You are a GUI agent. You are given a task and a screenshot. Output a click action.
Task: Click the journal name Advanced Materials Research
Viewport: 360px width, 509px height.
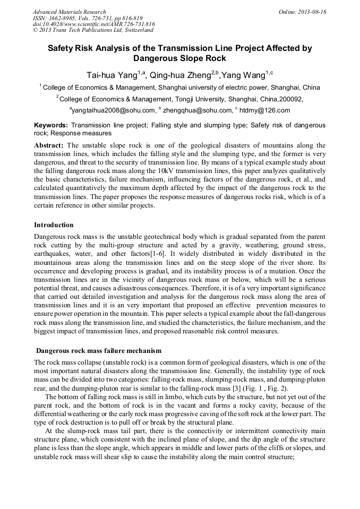pos(69,12)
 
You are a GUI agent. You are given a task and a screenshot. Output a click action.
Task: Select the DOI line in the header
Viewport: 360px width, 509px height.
pos(93,24)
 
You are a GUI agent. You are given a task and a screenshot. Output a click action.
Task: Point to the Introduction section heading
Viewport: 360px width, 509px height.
pos(54,225)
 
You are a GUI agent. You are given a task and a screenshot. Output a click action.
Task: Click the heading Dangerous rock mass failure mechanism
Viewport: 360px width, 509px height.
pos(98,351)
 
